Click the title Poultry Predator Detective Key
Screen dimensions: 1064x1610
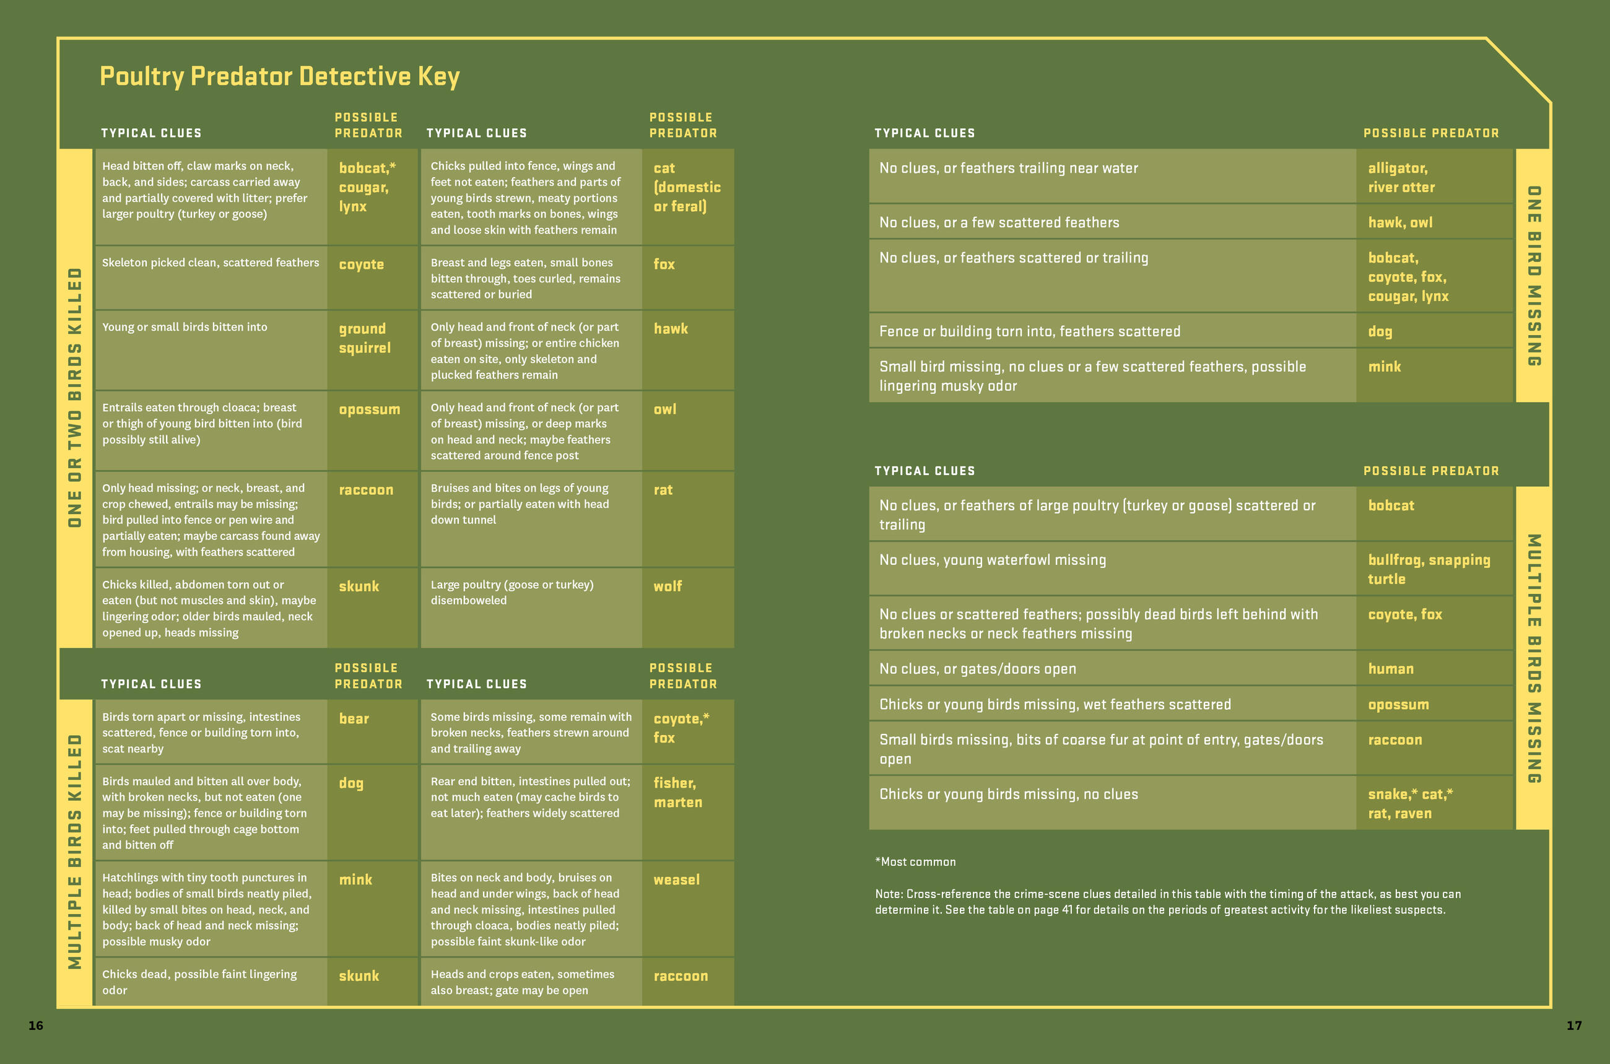pos(279,76)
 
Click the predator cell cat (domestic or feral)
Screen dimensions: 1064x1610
pos(687,187)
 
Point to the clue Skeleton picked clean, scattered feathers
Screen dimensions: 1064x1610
pos(211,263)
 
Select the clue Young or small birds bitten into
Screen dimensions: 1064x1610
pos(185,327)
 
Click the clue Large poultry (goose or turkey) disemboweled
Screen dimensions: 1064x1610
pos(511,593)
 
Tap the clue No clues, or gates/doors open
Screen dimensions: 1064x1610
pos(977,668)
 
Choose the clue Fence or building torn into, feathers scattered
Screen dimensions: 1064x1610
pos(1029,331)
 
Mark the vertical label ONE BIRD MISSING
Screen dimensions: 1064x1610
pos(1533,276)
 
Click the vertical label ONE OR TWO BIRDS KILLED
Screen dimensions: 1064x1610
pos(75,397)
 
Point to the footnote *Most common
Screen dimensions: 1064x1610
pos(915,861)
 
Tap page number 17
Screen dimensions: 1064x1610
pos(1574,1026)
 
